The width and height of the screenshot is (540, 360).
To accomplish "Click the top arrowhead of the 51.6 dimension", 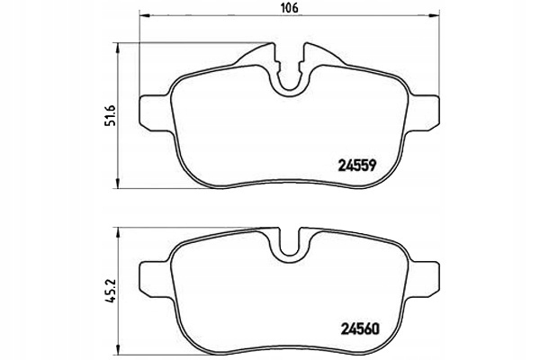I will click(x=121, y=45).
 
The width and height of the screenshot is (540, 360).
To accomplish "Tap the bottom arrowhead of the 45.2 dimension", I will click(x=121, y=354).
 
